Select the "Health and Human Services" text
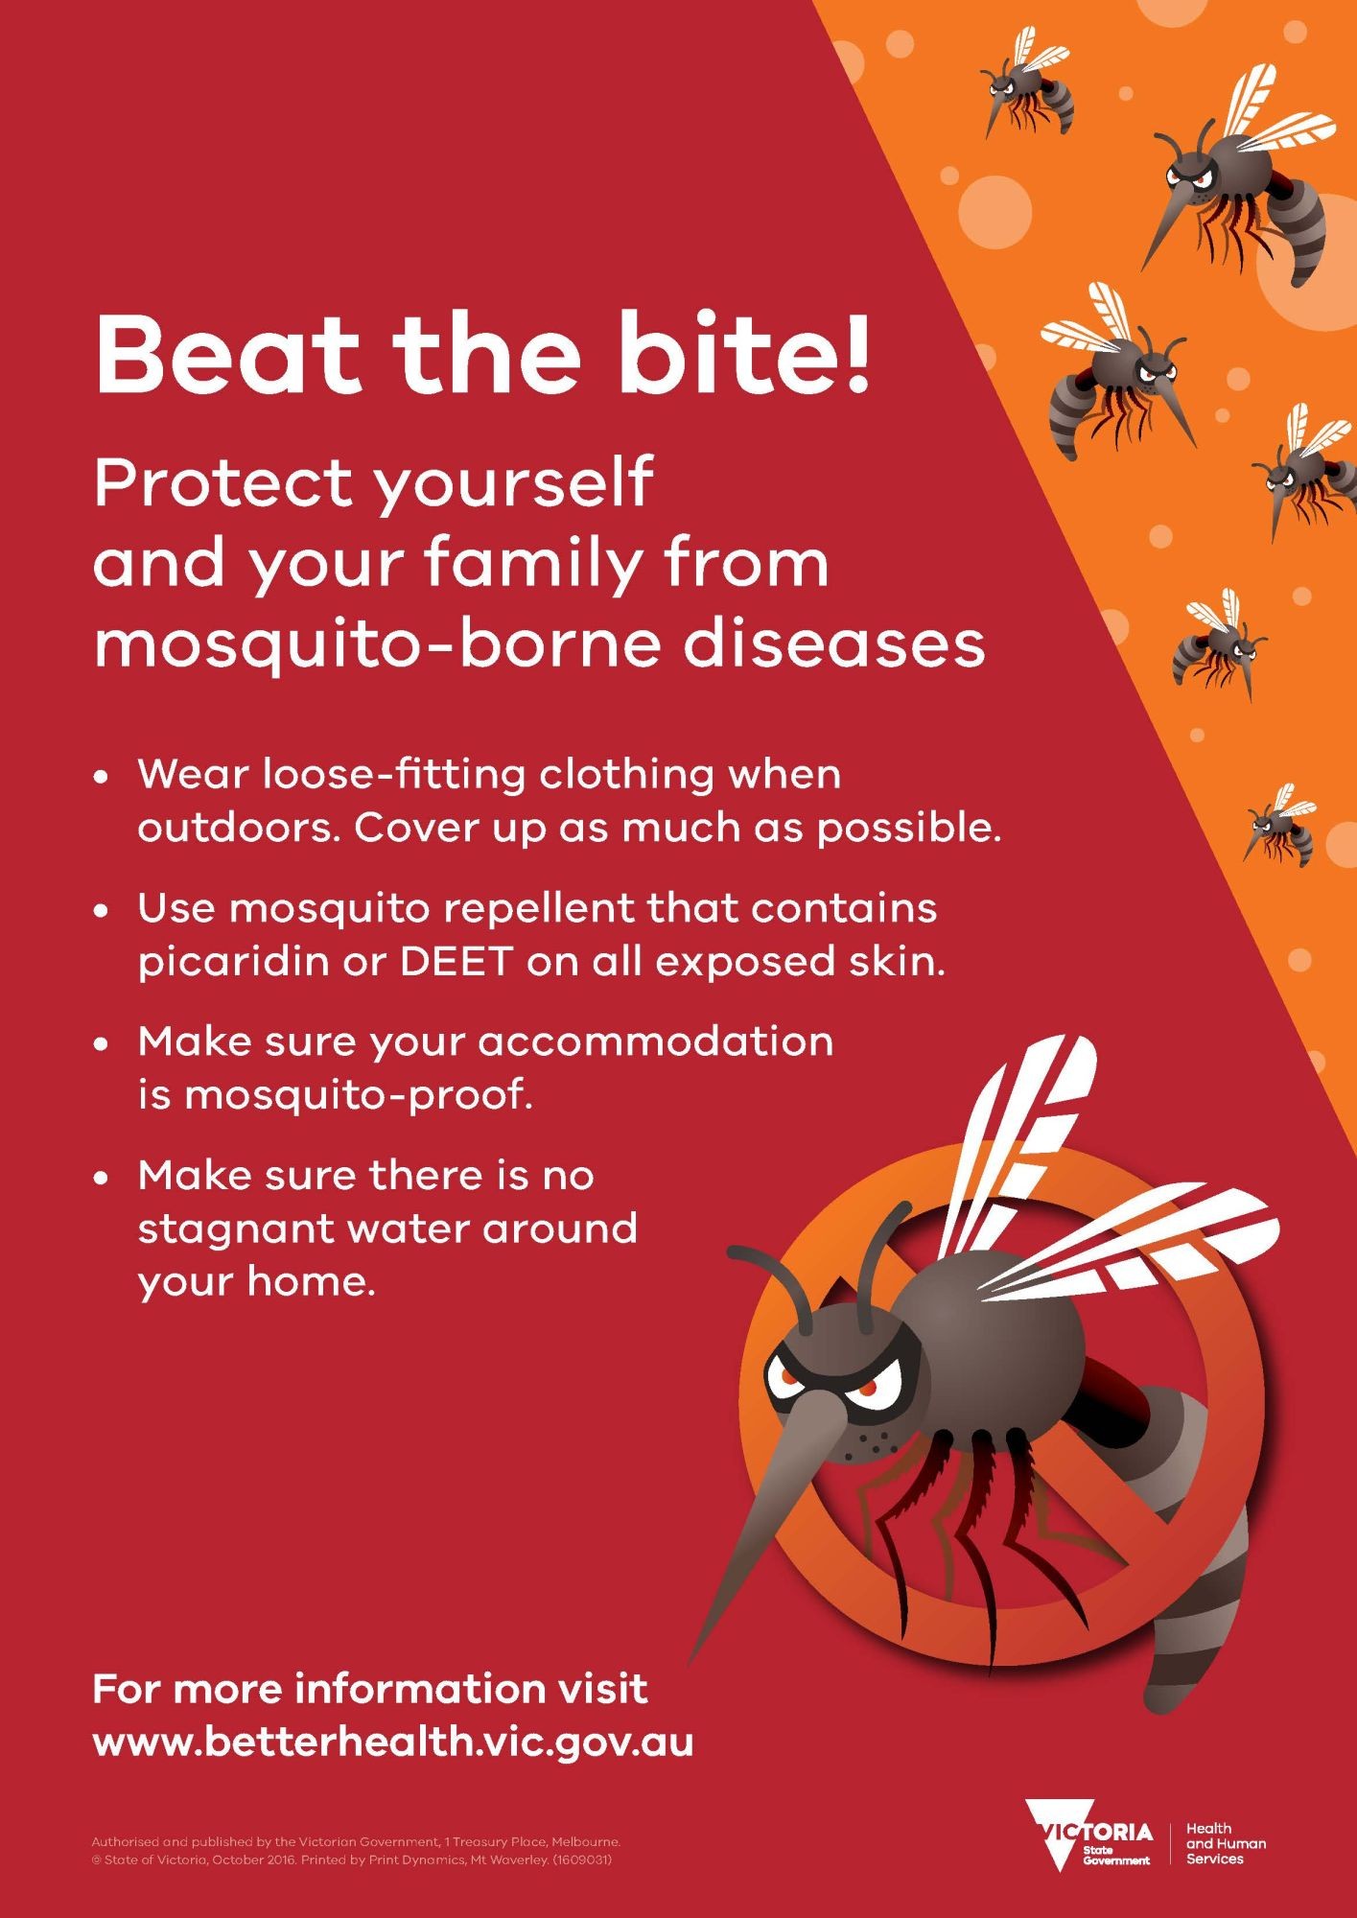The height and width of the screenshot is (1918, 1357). [x=1226, y=1843]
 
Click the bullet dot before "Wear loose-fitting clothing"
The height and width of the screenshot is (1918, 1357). [x=100, y=777]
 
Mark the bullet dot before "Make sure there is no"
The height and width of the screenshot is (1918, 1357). [x=100, y=1179]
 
